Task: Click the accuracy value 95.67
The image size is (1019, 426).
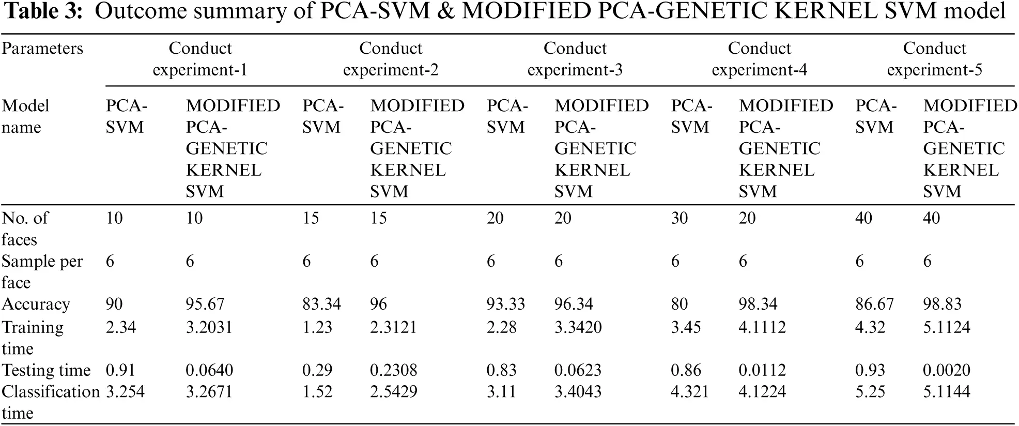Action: pos(205,304)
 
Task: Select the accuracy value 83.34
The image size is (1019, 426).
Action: pos(321,304)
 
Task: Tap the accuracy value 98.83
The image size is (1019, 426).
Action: pos(942,304)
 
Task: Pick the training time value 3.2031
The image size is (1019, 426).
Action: pos(209,327)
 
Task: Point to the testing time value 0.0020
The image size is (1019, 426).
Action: pos(946,370)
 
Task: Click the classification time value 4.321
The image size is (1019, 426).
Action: pos(690,392)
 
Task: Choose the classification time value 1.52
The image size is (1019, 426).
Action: pos(317,392)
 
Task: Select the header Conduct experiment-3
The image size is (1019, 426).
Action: pos(575,59)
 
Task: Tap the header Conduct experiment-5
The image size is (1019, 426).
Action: pos(934,59)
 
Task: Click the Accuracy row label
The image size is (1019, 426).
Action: pos(36,304)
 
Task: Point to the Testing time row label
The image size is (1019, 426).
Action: pos(46,370)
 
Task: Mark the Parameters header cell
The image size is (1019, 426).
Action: pos(42,48)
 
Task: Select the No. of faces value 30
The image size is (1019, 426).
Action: pos(679,218)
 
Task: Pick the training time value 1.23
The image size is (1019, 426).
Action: pos(317,327)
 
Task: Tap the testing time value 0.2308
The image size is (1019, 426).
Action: pos(393,370)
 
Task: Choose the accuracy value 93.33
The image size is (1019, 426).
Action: pos(505,304)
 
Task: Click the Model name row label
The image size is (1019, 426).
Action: pos(25,116)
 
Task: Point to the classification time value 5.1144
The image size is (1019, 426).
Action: pos(946,392)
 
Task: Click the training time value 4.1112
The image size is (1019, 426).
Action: pos(762,327)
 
